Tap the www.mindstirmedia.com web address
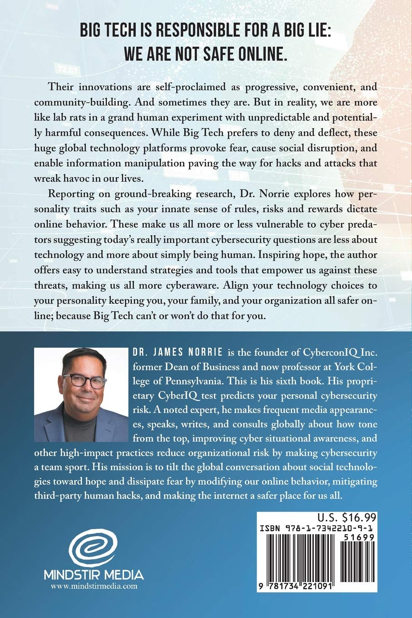(94, 586)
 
